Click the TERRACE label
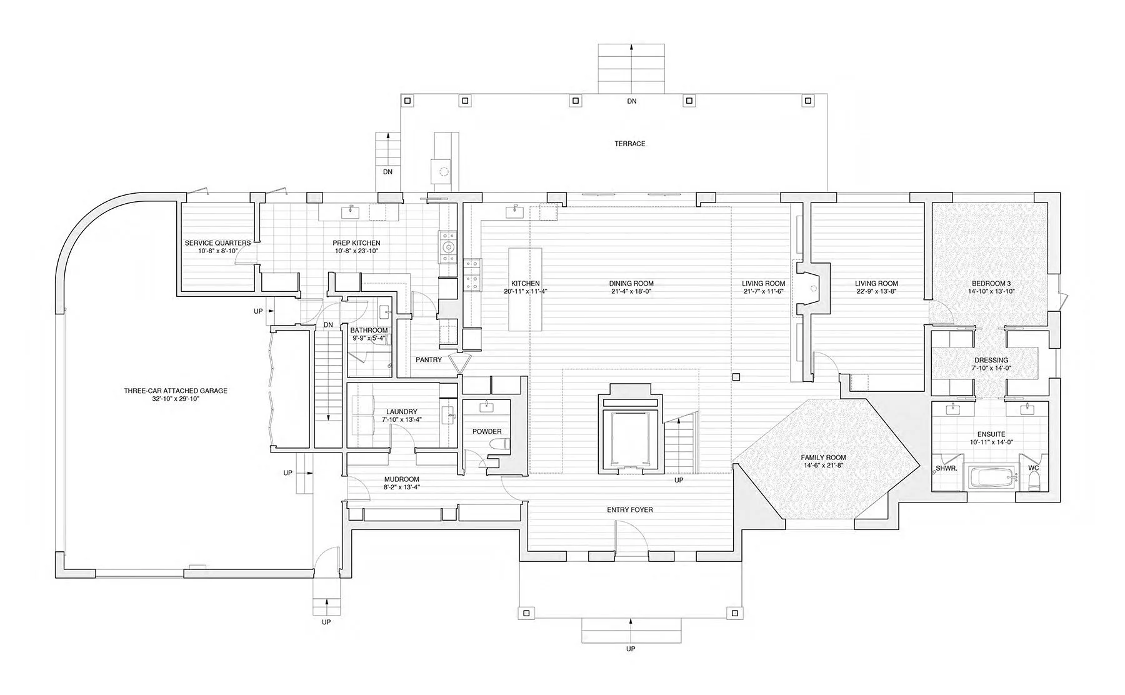click(x=629, y=144)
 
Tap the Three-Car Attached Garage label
click(x=176, y=391)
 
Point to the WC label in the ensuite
click(x=1033, y=467)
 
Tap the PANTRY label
click(x=429, y=360)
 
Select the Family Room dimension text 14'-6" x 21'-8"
click(x=823, y=465)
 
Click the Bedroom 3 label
click(x=991, y=283)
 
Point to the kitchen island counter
click(x=525, y=289)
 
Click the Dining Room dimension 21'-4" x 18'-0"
click(x=631, y=291)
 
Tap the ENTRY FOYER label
click(x=630, y=510)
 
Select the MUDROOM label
click(x=401, y=480)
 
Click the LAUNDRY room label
click(x=401, y=412)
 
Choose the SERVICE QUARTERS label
click(x=217, y=243)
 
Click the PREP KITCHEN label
click(x=356, y=243)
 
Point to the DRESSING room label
click(x=991, y=360)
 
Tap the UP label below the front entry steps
click(x=631, y=649)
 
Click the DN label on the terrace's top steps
click(x=632, y=101)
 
